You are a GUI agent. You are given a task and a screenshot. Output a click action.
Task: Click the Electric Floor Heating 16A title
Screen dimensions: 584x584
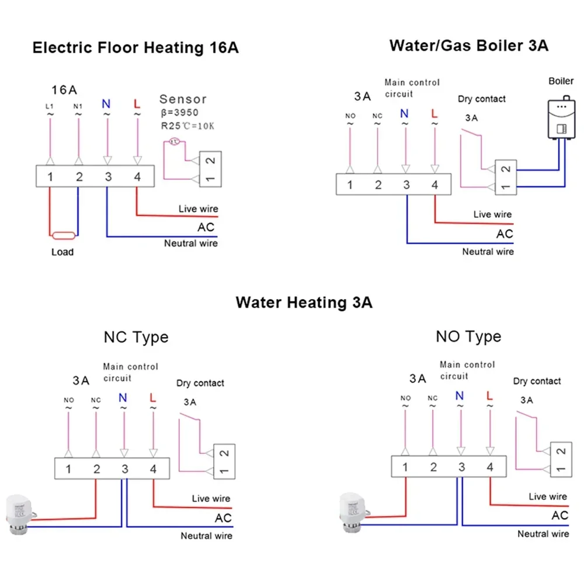point(135,48)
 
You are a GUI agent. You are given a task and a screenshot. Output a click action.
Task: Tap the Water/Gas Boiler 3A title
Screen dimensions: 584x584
point(468,45)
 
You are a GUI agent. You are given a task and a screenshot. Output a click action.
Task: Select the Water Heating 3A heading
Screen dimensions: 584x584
point(304,303)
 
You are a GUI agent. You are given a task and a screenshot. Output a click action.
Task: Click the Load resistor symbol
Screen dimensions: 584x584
point(62,236)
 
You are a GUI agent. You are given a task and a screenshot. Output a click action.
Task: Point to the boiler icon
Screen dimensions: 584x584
point(560,120)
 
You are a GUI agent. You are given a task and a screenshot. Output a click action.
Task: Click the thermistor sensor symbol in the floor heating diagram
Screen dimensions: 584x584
point(173,141)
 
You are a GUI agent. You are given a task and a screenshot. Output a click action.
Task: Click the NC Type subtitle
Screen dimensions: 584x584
point(135,337)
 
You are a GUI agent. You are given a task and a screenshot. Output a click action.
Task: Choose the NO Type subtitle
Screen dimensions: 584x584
point(468,336)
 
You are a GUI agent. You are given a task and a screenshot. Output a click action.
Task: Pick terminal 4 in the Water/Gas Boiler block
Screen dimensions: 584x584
point(434,185)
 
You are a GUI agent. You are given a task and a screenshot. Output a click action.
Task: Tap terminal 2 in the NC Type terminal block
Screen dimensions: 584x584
point(96,469)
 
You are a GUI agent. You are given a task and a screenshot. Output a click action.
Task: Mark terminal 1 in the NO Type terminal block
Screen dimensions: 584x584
point(405,467)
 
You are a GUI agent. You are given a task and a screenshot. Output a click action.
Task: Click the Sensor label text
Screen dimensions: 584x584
point(183,99)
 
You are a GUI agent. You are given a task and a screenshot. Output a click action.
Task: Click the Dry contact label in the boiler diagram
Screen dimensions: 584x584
point(482,99)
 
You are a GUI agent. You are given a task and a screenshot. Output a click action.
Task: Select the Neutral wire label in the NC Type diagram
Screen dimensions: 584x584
point(206,536)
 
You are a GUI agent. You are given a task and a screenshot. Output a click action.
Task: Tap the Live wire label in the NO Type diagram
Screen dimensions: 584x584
point(547,496)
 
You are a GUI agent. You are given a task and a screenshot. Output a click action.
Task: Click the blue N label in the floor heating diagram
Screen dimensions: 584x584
point(106,104)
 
